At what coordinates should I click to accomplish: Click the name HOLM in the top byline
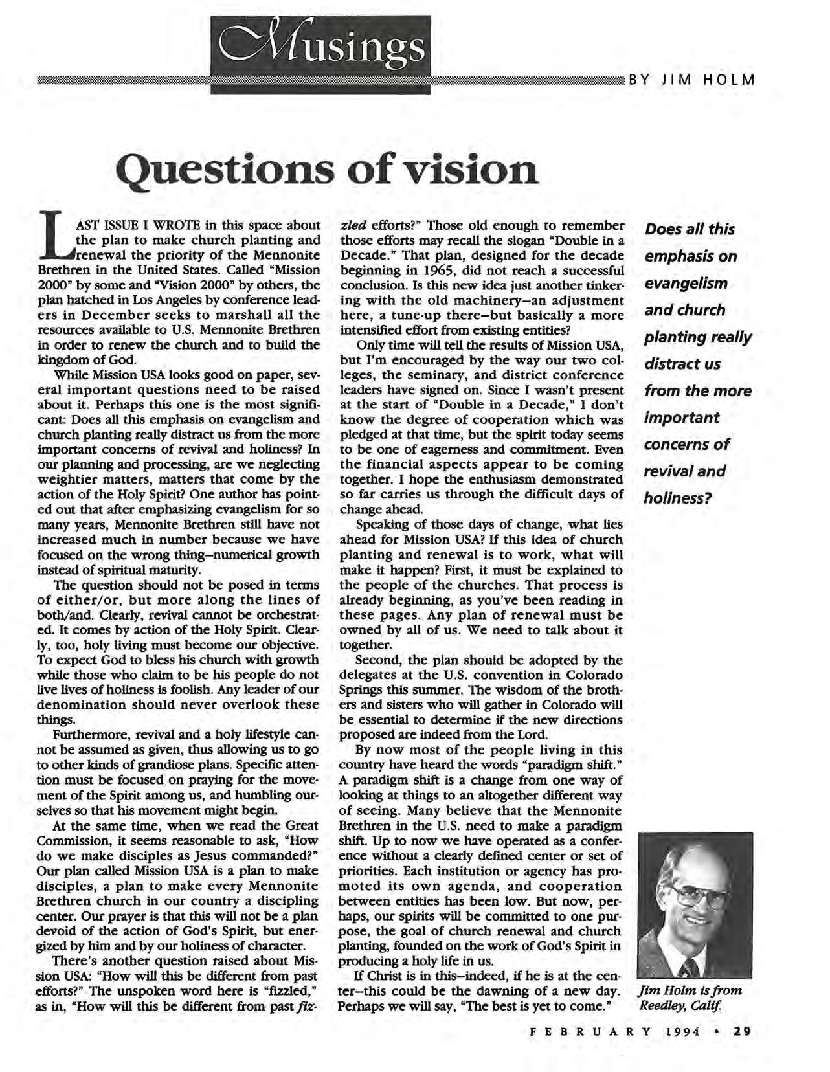pos(730,81)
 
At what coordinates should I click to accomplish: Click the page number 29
pos(741,1032)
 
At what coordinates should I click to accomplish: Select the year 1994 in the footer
pos(682,1032)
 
